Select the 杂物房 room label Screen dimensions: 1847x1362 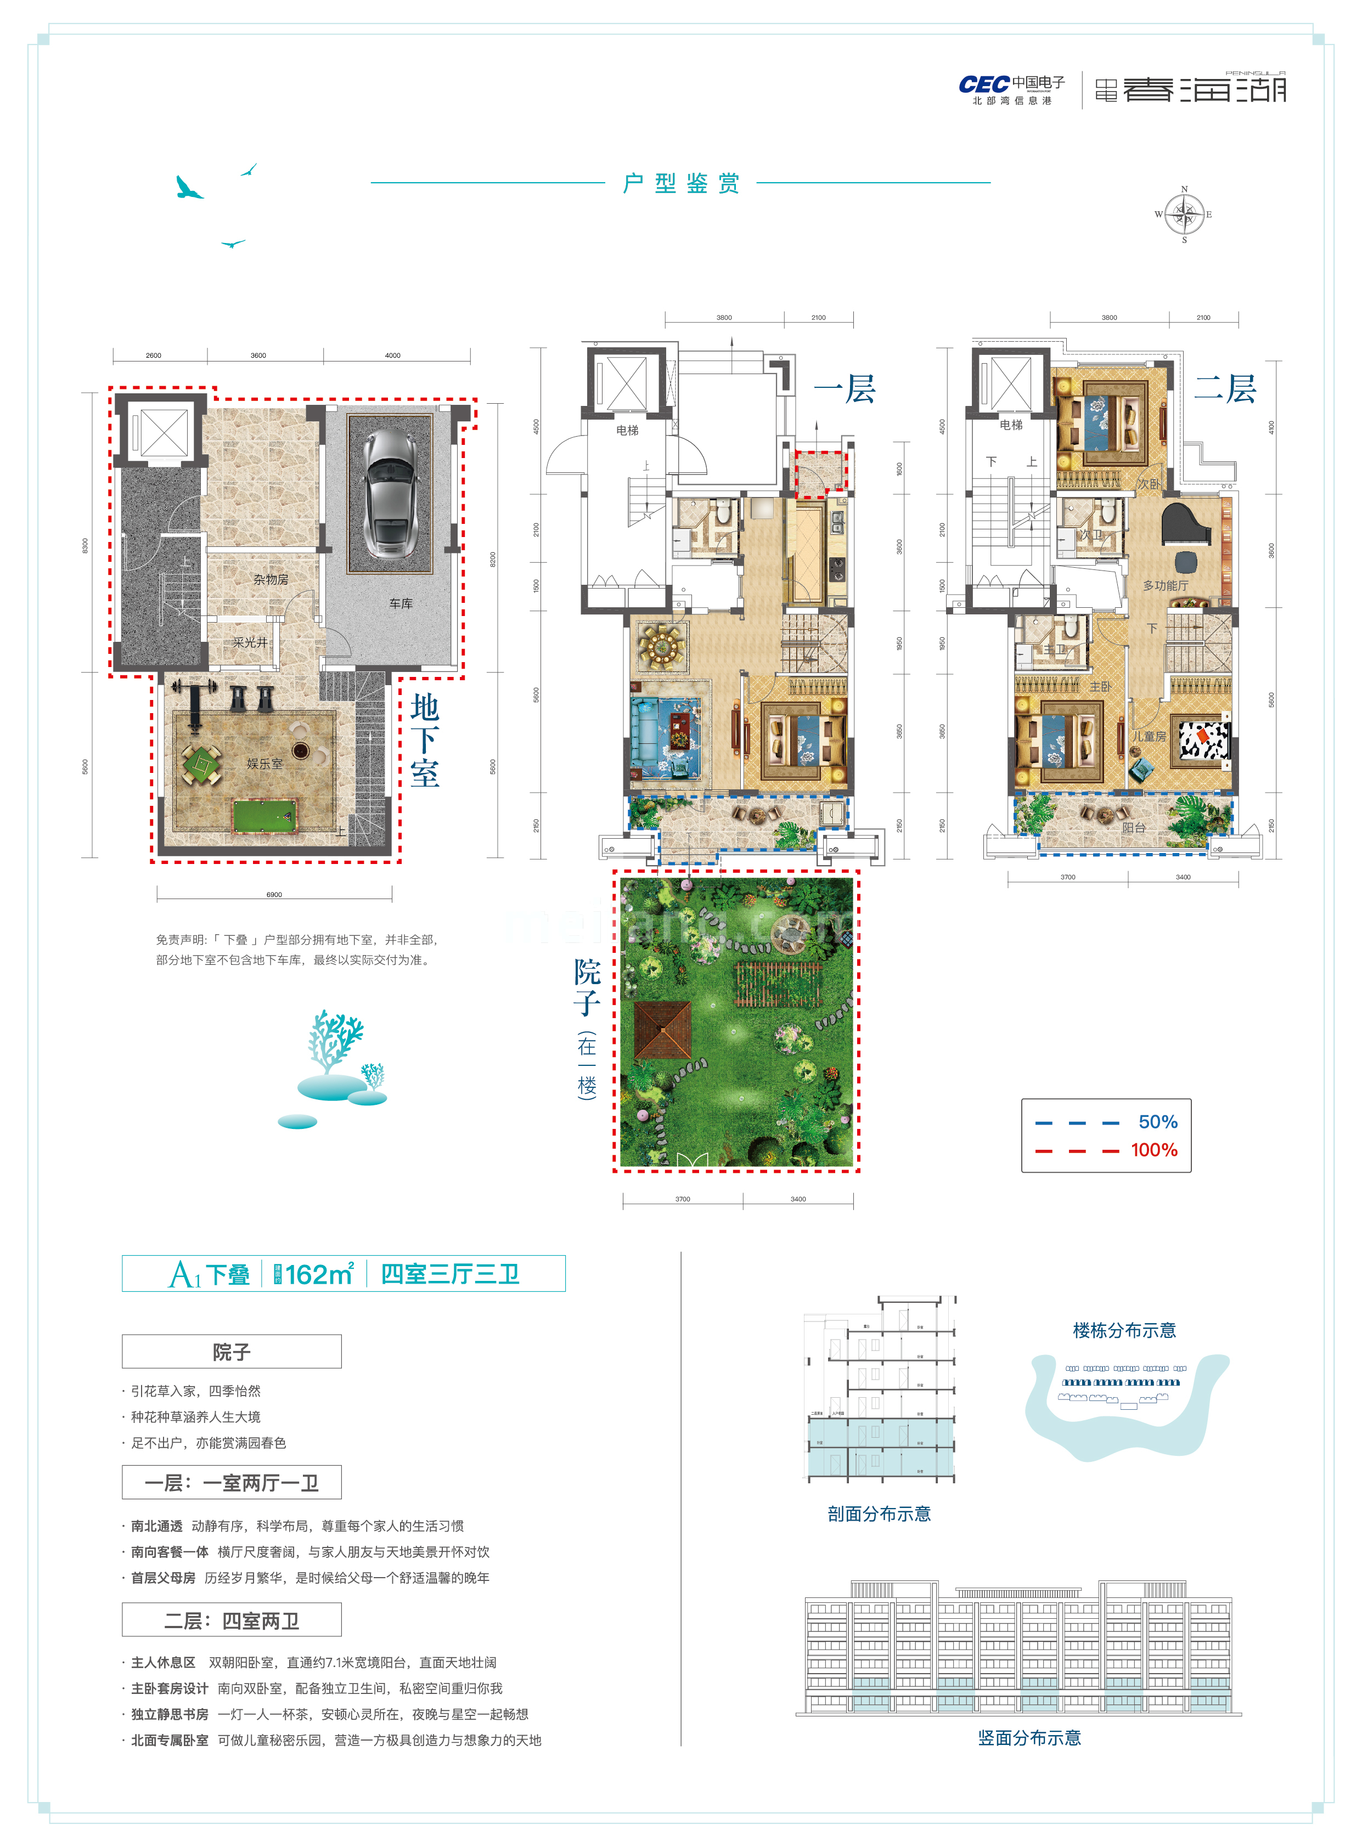pyautogui.click(x=271, y=579)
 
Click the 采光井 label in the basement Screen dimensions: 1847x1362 pyautogui.click(x=249, y=642)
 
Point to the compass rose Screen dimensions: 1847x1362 pyautogui.click(x=1185, y=215)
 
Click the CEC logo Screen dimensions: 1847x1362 pyautogui.click(x=983, y=84)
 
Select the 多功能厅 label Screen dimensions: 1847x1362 pyautogui.click(x=1165, y=585)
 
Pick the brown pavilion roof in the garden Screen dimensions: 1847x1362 pyautogui.click(x=662, y=1030)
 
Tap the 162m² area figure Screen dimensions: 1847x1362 pyautogui.click(x=319, y=1274)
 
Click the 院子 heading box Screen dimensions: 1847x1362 pyautogui.click(x=232, y=1352)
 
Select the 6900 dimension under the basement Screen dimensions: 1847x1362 pyautogui.click(x=274, y=894)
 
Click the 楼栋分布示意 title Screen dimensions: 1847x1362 pyautogui.click(x=1124, y=1330)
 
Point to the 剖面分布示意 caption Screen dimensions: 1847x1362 pyautogui.click(x=879, y=1513)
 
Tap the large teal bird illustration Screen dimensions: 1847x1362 pyautogui.click(x=188, y=189)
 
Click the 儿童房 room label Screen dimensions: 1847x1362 pyautogui.click(x=1149, y=736)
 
